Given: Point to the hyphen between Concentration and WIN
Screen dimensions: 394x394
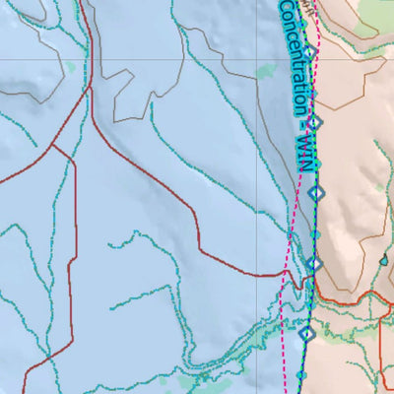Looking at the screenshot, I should click(x=301, y=131).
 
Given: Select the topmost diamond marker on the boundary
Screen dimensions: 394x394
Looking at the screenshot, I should click(x=308, y=51).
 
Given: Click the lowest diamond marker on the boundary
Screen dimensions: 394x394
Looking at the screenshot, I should click(x=306, y=334).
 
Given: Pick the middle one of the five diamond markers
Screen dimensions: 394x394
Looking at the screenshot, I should click(x=315, y=193).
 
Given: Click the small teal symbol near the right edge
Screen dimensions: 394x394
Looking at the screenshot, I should click(x=383, y=261).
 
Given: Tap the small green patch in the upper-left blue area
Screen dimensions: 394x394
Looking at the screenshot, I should click(x=70, y=67).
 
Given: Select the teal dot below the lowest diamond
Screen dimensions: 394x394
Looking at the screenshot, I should click(x=302, y=375).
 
